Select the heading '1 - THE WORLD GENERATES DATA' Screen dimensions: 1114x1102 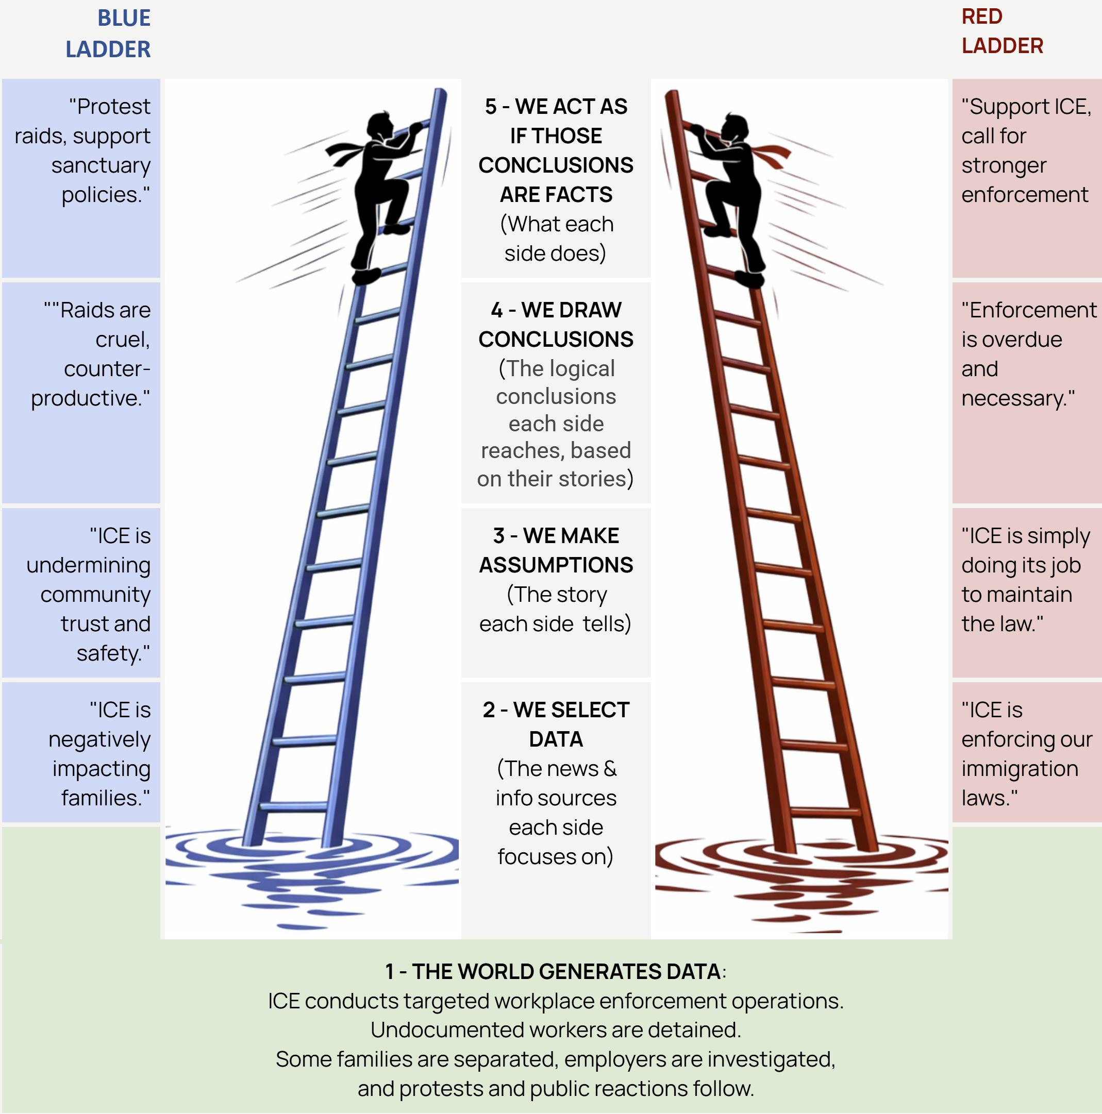click(x=552, y=972)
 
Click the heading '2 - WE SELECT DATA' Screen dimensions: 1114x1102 click(x=556, y=724)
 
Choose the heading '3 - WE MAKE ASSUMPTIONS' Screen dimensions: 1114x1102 click(x=556, y=550)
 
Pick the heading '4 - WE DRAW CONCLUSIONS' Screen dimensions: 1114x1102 click(x=556, y=324)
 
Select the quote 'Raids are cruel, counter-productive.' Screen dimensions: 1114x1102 click(x=92, y=354)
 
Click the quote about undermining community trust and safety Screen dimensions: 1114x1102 click(x=89, y=594)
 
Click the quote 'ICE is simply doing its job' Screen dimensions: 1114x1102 click(x=1024, y=580)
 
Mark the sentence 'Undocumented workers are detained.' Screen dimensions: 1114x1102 click(x=555, y=1030)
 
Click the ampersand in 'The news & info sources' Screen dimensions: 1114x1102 click(x=610, y=769)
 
